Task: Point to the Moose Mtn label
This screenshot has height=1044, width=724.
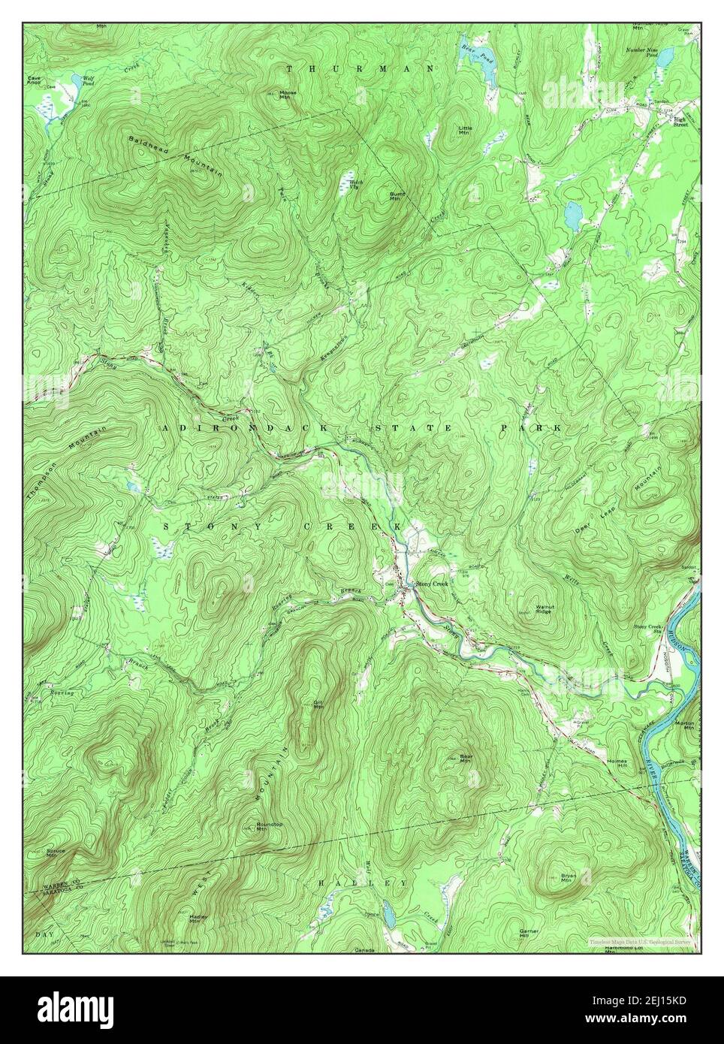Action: click(267, 95)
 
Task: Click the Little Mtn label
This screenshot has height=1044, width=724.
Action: click(466, 130)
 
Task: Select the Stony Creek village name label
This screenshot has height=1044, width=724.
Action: click(431, 584)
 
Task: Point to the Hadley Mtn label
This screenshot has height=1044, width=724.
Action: click(198, 919)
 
